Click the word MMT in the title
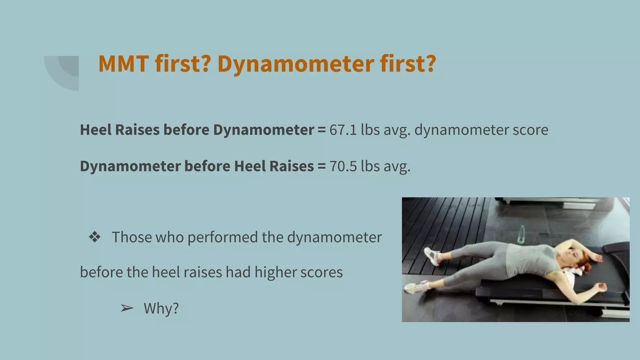click(123, 64)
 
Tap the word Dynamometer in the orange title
click(296, 64)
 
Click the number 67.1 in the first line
click(343, 130)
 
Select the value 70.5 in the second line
click(343, 166)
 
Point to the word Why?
click(161, 309)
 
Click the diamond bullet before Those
click(94, 237)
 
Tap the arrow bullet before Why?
click(127, 309)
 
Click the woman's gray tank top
click(528, 259)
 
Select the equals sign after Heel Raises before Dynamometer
click(322, 130)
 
